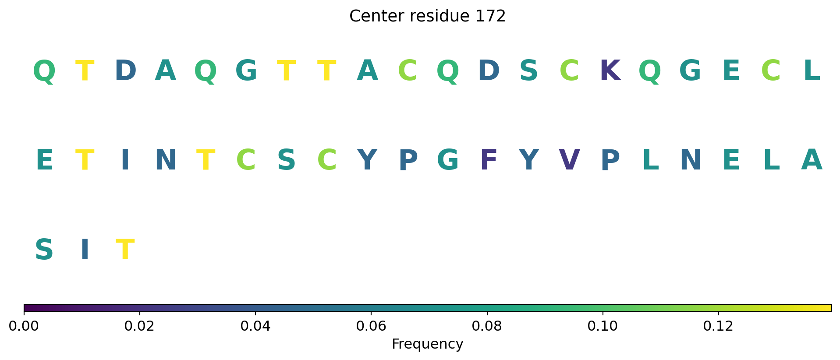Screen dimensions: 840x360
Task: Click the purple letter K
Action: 610,71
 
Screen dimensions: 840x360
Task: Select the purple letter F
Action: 489,160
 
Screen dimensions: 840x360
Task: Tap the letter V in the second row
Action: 569,160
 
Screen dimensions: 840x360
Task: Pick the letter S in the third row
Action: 44,250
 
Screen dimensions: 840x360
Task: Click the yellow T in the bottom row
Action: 125,250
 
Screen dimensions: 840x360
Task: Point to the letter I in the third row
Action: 85,250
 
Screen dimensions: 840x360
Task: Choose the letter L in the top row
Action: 812,71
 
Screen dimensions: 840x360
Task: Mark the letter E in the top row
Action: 731,71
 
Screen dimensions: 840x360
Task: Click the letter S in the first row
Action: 528,71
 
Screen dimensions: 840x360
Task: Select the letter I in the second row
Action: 125,160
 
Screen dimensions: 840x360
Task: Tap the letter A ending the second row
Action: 812,160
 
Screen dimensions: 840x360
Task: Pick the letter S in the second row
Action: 286,160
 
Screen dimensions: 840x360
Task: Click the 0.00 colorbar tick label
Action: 24,326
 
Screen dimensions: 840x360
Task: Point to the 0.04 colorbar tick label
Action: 255,326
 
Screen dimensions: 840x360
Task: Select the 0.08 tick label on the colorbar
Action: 487,326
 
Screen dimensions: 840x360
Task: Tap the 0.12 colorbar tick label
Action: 718,326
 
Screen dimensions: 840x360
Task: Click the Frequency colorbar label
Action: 427,344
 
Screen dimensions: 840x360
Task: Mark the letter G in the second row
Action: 448,160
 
